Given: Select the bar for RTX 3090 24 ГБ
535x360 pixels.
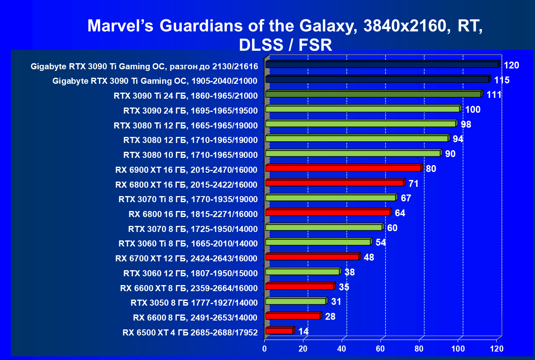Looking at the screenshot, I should coord(362,109).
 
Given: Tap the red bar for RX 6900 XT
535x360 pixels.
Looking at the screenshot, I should coord(343,168).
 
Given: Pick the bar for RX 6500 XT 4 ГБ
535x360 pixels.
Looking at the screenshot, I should coord(279,331).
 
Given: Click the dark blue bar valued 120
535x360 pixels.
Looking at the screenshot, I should coord(382,64).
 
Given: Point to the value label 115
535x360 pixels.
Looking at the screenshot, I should coord(502,80).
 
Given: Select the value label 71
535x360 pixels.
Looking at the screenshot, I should coord(413,184).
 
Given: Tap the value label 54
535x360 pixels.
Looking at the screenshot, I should coord(380,242).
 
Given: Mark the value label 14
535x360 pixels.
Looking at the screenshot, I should coord(304,331).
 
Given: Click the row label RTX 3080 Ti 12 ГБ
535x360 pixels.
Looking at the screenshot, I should coord(186,125).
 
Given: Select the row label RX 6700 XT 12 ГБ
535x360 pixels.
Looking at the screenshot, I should coord(186,258).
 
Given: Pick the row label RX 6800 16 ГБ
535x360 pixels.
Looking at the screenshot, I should coord(193,213).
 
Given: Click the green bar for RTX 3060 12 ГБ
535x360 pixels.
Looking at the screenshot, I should coord(302,272).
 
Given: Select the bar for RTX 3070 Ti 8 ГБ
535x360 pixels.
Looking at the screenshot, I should coord(330,198).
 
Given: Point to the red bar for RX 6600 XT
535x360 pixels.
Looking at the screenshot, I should coord(299,286).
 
